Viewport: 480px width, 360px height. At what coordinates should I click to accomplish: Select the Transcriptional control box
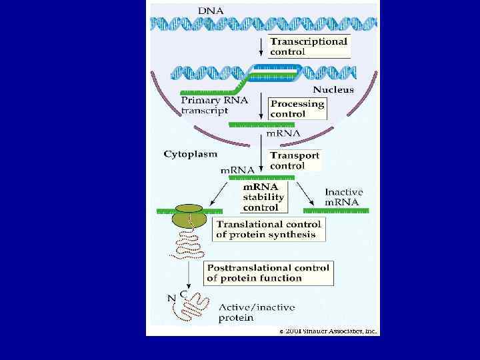[x=309, y=46]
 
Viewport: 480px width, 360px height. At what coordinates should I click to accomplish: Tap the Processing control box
[x=297, y=109]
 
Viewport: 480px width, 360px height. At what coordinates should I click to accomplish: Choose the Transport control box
[x=294, y=160]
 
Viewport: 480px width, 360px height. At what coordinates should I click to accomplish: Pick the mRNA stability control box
[x=263, y=197]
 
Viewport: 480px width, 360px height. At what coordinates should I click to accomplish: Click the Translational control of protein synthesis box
[x=269, y=229]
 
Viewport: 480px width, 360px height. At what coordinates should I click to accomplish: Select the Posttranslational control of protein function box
[x=267, y=273]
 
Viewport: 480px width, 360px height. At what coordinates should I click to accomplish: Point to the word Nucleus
[x=333, y=89]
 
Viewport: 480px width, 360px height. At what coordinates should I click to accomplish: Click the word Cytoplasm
[x=190, y=153]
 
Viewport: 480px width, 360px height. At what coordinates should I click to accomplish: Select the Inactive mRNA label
[x=341, y=197]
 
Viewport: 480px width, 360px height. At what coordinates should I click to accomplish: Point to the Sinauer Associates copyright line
[x=327, y=331]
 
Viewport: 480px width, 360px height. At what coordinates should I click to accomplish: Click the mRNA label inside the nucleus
[x=283, y=133]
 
